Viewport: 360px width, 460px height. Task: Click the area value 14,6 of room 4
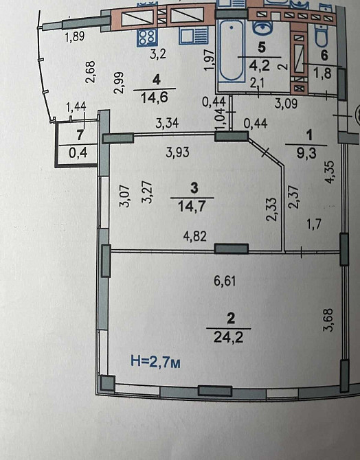click(x=154, y=97)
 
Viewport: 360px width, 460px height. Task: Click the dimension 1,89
click(x=74, y=37)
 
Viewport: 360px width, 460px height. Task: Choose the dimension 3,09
click(x=286, y=104)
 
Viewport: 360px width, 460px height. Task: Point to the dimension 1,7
click(x=315, y=223)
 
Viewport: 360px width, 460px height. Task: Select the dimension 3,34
click(x=168, y=124)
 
